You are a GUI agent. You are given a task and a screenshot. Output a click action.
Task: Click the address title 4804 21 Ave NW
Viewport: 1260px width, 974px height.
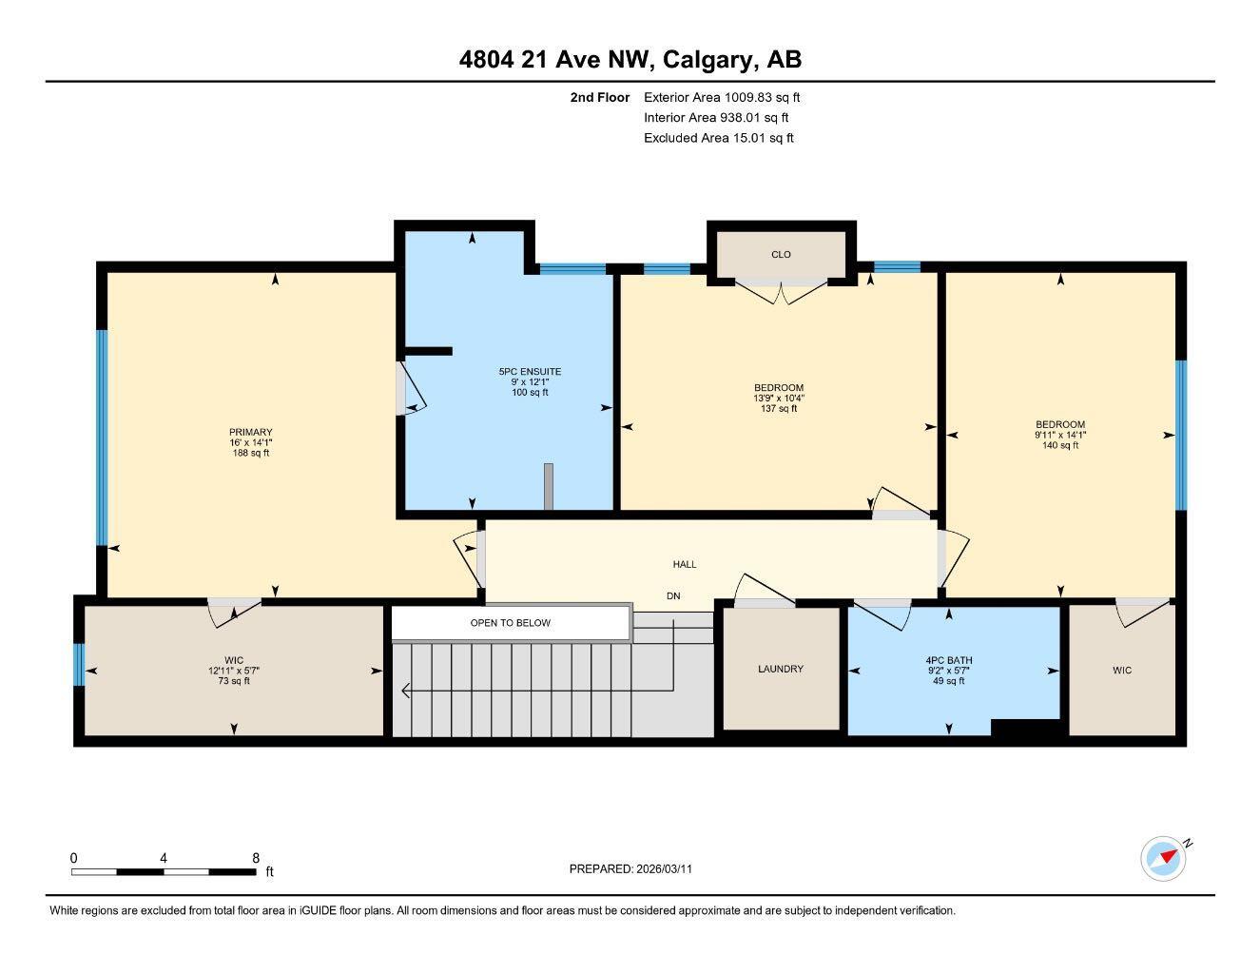pyautogui.click(x=630, y=59)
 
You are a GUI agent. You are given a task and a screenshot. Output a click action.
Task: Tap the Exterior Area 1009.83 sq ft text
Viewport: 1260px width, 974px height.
pyautogui.click(x=722, y=97)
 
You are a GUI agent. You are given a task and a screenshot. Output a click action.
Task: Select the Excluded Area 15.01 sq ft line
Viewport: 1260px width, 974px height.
pyautogui.click(x=718, y=138)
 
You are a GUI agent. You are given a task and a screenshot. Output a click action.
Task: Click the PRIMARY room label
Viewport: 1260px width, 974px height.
pyautogui.click(x=250, y=433)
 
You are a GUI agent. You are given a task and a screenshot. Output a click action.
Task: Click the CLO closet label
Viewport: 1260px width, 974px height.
pyautogui.click(x=781, y=254)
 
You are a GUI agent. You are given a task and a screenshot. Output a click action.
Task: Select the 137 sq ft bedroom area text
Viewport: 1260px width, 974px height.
pyautogui.click(x=779, y=409)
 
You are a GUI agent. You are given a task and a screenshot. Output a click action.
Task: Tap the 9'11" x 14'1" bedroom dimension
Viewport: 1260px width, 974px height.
pyautogui.click(x=1060, y=435)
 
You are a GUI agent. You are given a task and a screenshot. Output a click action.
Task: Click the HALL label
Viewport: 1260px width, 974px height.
pyautogui.click(x=685, y=564)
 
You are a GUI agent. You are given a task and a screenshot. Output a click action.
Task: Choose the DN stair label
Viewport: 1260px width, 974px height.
pyautogui.click(x=673, y=596)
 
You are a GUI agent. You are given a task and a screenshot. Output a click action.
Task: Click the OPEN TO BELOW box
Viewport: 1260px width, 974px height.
pyautogui.click(x=511, y=623)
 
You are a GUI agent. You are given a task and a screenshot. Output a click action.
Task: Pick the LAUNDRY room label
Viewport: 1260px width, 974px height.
pyautogui.click(x=781, y=669)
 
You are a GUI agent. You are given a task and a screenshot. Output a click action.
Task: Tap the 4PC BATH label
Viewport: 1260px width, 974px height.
pyautogui.click(x=949, y=660)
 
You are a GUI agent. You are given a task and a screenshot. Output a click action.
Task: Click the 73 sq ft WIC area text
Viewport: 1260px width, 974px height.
pyautogui.click(x=234, y=680)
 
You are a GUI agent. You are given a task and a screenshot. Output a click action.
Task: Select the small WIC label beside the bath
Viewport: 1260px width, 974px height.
pyautogui.click(x=1122, y=671)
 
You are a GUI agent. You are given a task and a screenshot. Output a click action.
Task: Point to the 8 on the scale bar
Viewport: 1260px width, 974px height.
pyautogui.click(x=256, y=858)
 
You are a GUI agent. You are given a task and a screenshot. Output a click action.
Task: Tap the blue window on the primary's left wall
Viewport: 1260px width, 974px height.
pyautogui.click(x=102, y=438)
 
